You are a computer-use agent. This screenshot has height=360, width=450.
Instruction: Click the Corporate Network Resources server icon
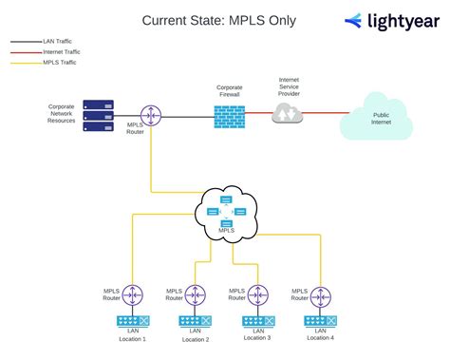[97, 116]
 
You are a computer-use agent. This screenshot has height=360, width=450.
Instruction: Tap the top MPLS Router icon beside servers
[150, 115]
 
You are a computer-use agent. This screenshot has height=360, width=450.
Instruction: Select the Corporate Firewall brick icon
[229, 115]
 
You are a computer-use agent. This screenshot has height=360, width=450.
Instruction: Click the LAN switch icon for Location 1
[132, 321]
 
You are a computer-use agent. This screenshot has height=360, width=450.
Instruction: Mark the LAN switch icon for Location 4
[319, 321]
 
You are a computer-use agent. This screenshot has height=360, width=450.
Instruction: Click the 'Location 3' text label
[256, 338]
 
